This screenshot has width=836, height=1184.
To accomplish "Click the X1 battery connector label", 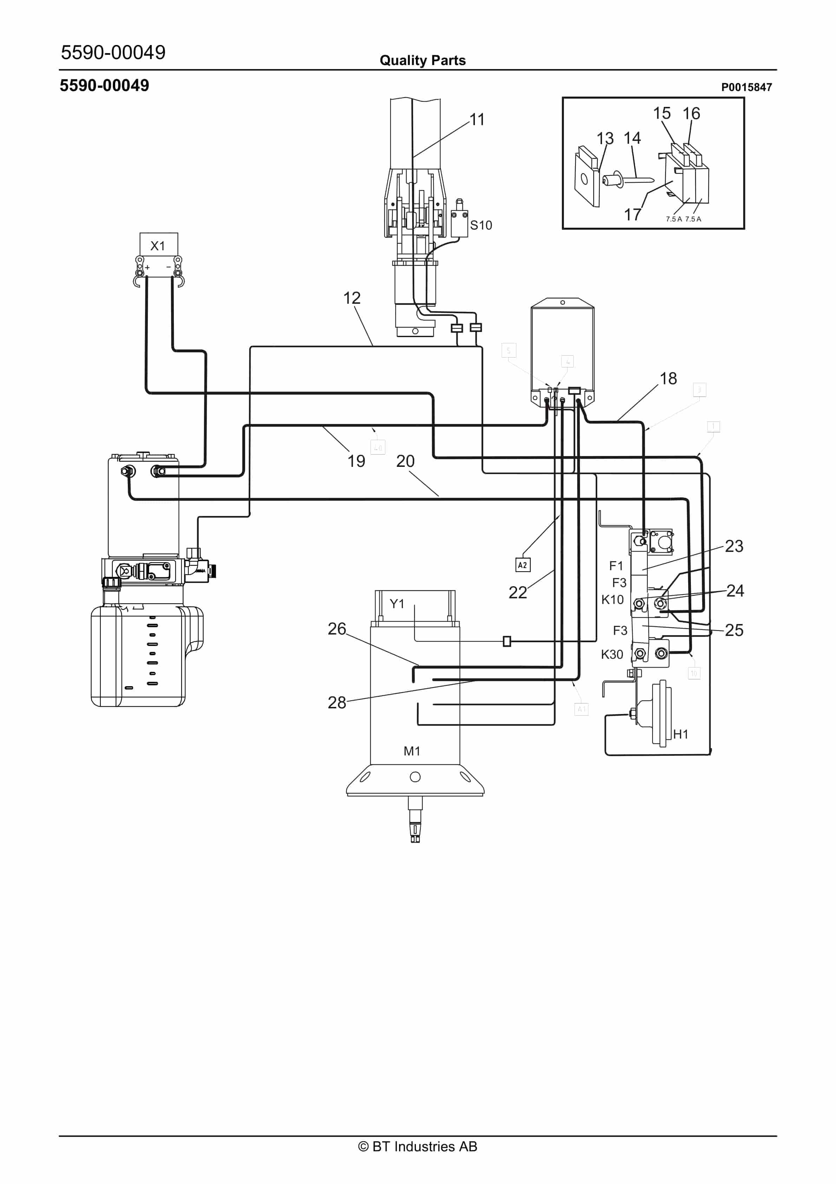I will pyautogui.click(x=158, y=246).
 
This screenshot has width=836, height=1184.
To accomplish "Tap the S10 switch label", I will pyautogui.click(x=481, y=225).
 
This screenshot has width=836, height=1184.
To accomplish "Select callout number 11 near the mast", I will pyautogui.click(x=477, y=120).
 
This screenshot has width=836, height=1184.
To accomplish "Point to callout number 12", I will pyautogui.click(x=352, y=298).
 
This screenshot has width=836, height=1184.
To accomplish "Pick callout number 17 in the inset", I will pyautogui.click(x=632, y=214).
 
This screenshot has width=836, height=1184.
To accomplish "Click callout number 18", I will pyautogui.click(x=668, y=379).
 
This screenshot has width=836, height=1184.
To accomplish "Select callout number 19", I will pyautogui.click(x=355, y=461).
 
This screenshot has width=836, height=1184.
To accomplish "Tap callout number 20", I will pyautogui.click(x=405, y=461).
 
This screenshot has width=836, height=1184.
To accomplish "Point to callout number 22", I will pyautogui.click(x=517, y=592).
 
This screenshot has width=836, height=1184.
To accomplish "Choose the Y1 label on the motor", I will pyautogui.click(x=397, y=604).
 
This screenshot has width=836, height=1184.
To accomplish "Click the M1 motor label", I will pyautogui.click(x=412, y=751).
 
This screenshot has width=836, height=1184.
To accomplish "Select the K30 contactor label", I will pyautogui.click(x=612, y=654).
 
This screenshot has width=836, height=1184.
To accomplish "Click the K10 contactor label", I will pyautogui.click(x=612, y=600).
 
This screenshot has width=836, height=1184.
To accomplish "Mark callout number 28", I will pyautogui.click(x=337, y=702).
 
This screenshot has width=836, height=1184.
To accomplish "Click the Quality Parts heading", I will pyautogui.click(x=422, y=60).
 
